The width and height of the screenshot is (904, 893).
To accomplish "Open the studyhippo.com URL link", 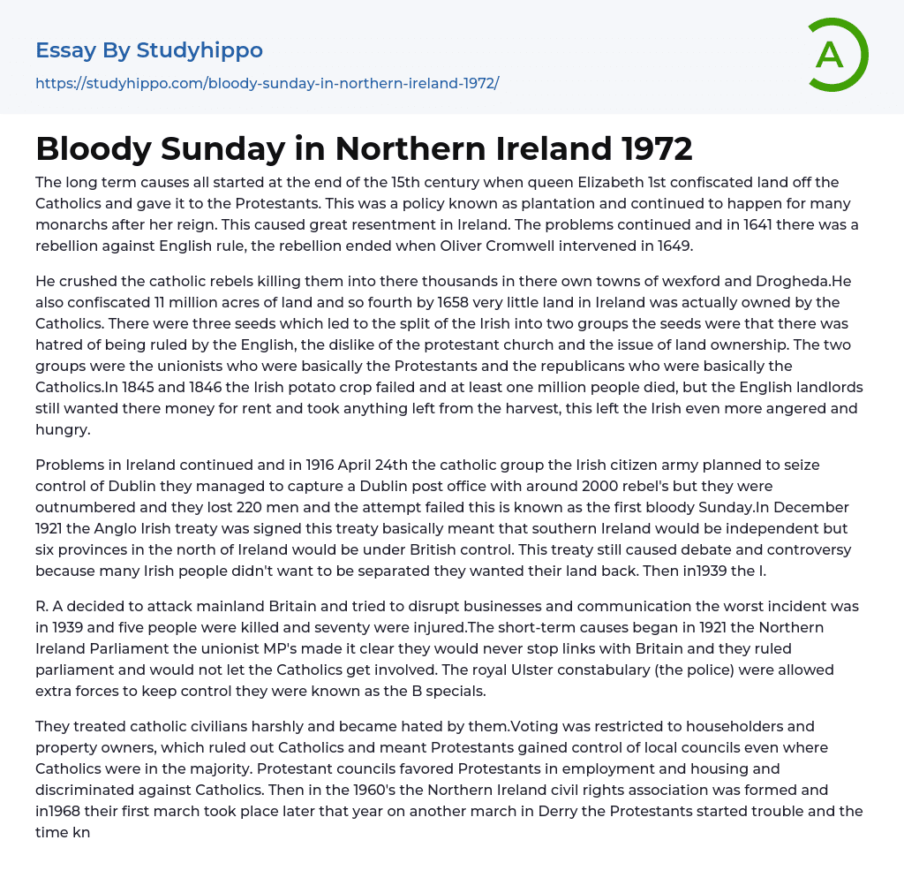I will point(267,83).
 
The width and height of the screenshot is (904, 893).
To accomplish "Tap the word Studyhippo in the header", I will point(200,50).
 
